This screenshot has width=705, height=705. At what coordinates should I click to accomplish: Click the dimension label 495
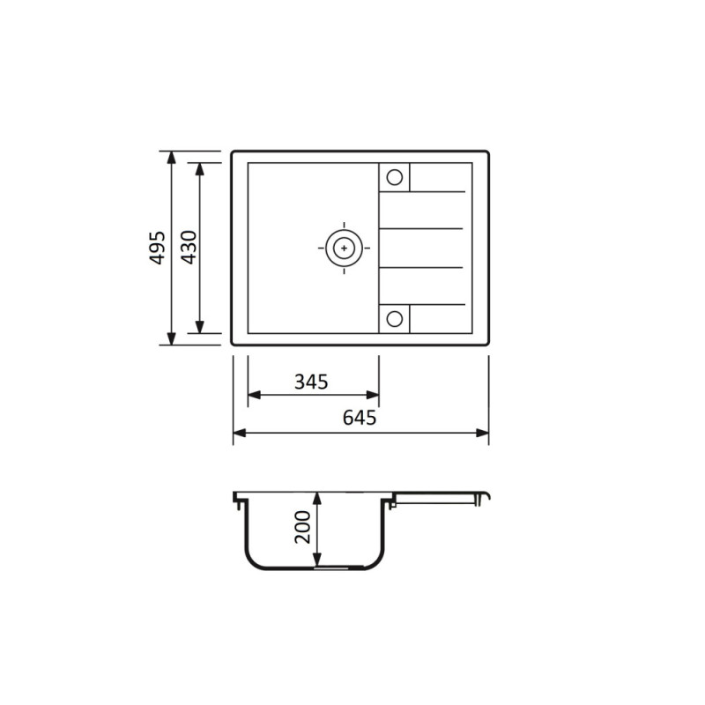point(157,248)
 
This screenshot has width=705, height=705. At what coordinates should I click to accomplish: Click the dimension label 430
point(187,248)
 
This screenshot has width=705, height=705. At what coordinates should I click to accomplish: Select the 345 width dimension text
point(311,382)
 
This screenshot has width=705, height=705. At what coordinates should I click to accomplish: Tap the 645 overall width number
point(360,418)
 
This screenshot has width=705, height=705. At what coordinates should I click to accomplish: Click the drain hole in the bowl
point(343,248)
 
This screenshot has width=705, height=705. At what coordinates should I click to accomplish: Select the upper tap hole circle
point(395,176)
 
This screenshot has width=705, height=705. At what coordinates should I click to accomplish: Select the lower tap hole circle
point(395,318)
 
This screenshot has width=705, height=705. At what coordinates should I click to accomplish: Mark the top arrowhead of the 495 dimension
point(171,157)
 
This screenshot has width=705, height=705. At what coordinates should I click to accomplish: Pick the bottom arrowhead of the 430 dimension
point(201,327)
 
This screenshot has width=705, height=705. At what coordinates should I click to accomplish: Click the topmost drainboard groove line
point(437,191)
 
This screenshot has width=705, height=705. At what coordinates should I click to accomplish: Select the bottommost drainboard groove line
point(437,304)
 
